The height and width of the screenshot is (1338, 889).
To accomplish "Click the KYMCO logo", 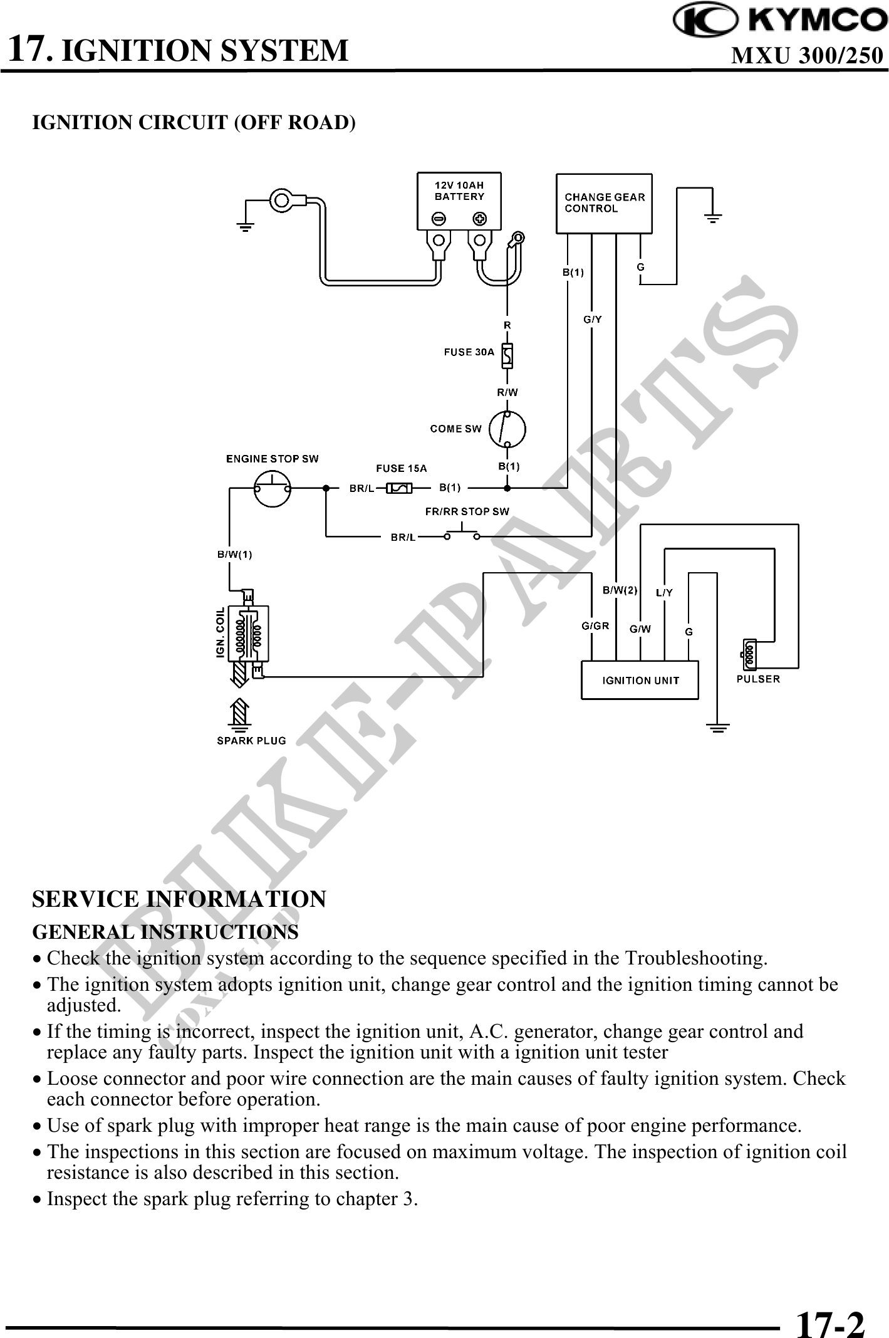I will tap(780, 21).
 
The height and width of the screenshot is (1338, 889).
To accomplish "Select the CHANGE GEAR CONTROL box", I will tap(604, 202).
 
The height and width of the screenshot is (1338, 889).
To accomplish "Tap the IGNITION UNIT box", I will tap(640, 680).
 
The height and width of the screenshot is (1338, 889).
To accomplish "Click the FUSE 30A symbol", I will tap(508, 355).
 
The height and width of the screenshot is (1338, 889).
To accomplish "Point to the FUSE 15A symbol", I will tap(399, 488).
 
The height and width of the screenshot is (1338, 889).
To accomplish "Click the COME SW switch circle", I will tap(507, 429).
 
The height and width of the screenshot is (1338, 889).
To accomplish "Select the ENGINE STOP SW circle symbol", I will tap(273, 488).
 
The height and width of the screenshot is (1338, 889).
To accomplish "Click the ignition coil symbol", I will tap(248, 633).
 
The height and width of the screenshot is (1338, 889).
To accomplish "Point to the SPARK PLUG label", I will tap(251, 740).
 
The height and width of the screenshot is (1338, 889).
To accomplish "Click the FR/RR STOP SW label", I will tap(467, 511).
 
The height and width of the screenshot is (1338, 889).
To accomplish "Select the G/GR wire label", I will tap(595, 625).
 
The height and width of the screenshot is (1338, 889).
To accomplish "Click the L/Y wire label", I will tap(664, 592).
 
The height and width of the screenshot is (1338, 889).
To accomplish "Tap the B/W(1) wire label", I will tap(235, 554).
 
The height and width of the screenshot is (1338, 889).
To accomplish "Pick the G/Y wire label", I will tap(593, 319).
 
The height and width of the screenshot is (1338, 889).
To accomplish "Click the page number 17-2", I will tap(829, 1307).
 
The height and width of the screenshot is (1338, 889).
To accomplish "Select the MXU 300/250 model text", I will tap(807, 56).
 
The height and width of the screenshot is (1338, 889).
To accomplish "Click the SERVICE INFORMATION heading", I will tap(179, 899).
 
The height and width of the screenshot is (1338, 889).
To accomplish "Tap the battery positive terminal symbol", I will tap(480, 219).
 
